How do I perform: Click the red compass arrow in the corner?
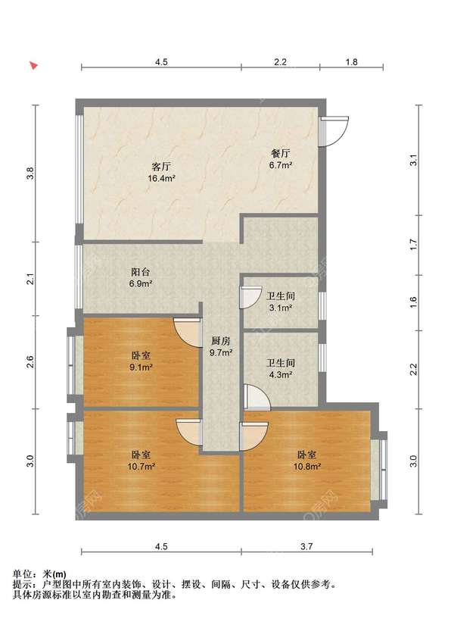35,65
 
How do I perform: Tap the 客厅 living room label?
161,166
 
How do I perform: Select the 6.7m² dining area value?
281,165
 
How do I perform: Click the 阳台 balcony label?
141,272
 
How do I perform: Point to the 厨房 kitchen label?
221,341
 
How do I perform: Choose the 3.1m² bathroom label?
280,308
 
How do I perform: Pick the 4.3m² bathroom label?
280,374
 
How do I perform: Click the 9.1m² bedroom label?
141,367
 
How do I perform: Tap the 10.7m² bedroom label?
141,467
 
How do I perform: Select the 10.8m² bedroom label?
307,467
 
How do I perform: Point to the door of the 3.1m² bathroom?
250,298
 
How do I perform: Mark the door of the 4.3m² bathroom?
257,397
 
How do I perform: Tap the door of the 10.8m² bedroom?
253,436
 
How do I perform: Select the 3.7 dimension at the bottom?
306,546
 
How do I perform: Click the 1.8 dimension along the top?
352,62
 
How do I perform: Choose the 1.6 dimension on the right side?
413,302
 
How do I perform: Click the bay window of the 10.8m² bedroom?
379,470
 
